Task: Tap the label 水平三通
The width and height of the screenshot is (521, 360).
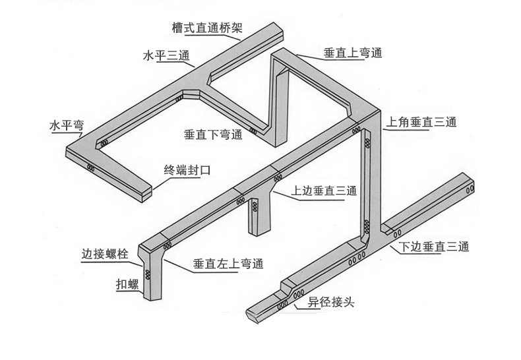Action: [x=164, y=55]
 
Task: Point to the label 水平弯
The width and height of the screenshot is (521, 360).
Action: [x=70, y=125]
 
